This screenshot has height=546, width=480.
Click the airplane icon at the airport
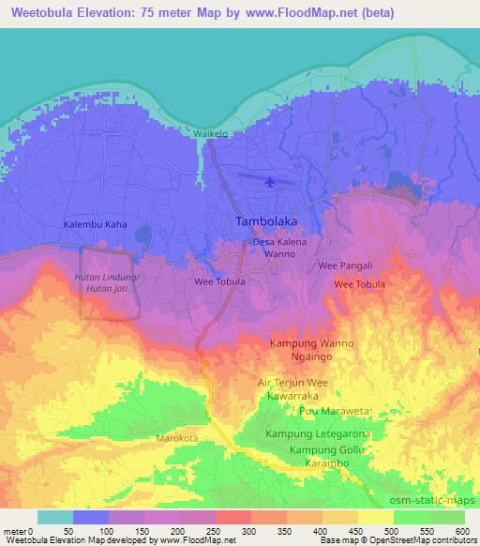pyautogui.click(x=272, y=181)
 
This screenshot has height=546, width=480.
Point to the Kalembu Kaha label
pyautogui.click(x=94, y=225)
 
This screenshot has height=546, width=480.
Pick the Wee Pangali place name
pyautogui.click(x=346, y=265)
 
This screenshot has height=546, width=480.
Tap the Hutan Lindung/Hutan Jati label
pyautogui.click(x=107, y=283)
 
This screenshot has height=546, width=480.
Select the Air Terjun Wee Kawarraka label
pyautogui.click(x=303, y=389)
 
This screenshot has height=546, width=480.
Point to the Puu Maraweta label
pyautogui.click(x=329, y=412)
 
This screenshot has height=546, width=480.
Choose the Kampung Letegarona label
pyautogui.click(x=318, y=434)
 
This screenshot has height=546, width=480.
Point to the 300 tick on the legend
pyautogui.click(x=248, y=530)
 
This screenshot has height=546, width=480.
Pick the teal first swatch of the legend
pyautogui.click(x=55, y=517)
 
